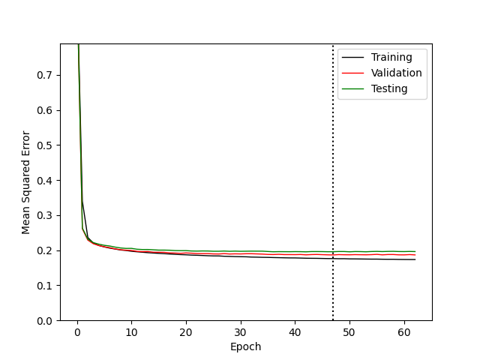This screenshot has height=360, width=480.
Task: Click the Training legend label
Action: point(391,57)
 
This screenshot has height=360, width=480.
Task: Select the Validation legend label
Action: point(397,73)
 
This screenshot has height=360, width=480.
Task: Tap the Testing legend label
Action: point(389,88)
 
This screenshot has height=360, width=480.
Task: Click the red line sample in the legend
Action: point(352,73)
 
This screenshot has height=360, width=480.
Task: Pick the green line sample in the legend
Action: point(352,88)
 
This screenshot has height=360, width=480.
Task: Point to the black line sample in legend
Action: point(352,57)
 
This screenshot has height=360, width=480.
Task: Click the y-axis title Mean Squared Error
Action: point(25,182)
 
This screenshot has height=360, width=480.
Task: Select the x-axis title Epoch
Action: point(245,346)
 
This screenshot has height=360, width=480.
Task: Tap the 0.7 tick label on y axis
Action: point(44,75)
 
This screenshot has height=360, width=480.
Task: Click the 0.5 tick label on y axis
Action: point(44,145)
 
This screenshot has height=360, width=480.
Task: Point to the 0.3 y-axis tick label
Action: point(44,215)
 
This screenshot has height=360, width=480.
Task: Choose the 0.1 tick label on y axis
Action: point(44,286)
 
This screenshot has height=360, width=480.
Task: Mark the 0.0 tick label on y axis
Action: point(44,321)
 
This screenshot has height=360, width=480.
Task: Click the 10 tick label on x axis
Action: point(132,332)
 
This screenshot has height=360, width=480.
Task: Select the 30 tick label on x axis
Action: point(240,332)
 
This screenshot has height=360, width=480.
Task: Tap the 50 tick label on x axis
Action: point(349,332)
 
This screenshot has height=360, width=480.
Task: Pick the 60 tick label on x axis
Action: point(404,332)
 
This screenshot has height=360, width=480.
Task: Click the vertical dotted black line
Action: point(333,182)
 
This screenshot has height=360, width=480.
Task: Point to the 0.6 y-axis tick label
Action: point(44,110)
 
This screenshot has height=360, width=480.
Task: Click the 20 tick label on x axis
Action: point(186,332)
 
